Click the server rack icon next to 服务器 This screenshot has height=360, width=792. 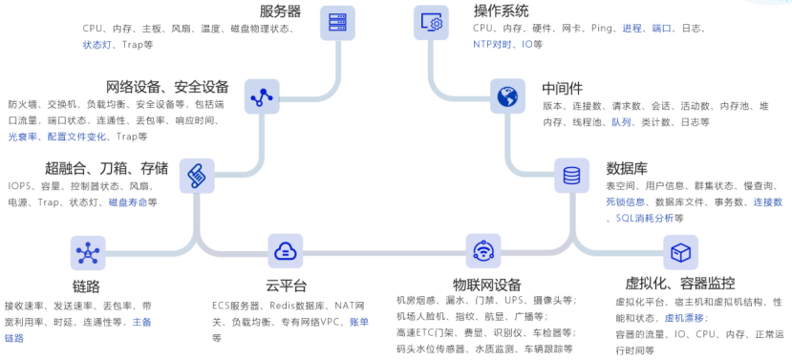tap(337, 23)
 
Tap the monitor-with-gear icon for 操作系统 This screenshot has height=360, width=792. tap(432, 23)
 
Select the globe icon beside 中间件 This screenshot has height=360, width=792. tap(507, 95)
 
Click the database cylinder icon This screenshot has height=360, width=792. tap(571, 175)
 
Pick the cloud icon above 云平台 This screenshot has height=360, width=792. tap(286, 251)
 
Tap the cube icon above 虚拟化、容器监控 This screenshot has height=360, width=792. tap(681, 252)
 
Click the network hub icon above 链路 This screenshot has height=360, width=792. tap(88, 253)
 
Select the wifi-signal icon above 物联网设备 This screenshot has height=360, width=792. tap(483, 251)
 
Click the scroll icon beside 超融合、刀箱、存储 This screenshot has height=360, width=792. tap(197, 176)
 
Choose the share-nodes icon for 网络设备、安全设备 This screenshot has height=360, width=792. tap(262, 95)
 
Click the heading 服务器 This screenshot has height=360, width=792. tap(280, 11)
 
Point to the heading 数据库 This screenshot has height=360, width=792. tap(627, 168)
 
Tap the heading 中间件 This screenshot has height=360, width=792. tap(562, 89)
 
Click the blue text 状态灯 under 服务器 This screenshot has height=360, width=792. tap(97, 45)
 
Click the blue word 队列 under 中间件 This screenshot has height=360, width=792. tap(622, 121)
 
